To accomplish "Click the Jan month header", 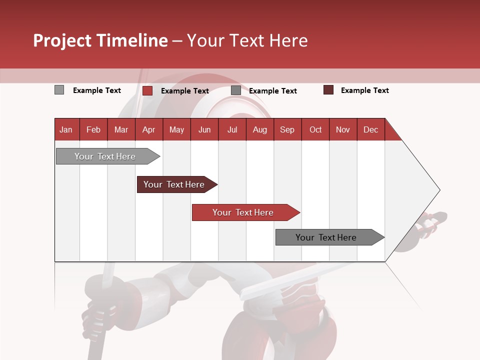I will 66,129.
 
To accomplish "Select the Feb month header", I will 93,129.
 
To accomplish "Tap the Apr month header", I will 148,129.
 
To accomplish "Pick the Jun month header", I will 204,129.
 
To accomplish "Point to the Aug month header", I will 259,129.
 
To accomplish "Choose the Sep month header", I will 287,129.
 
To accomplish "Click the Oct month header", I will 315,129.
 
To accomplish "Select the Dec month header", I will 370,129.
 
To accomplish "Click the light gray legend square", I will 59,90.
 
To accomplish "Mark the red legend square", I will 147,90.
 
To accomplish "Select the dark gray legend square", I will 236,90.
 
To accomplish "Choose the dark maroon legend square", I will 328,90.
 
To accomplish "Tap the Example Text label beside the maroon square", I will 364,90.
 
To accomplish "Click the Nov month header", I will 343,129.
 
